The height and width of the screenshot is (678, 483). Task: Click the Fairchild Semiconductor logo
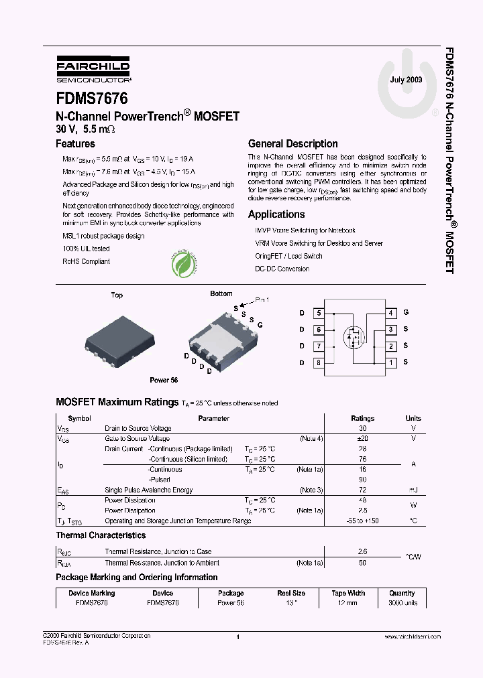(93, 68)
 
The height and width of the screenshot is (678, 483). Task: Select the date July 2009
(406, 80)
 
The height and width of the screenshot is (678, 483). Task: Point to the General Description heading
(292, 143)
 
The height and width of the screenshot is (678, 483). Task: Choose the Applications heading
(276, 214)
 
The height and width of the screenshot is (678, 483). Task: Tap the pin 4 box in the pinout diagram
(390, 313)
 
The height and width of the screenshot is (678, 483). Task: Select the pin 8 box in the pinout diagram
(318, 362)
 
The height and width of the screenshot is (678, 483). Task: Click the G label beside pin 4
(406, 313)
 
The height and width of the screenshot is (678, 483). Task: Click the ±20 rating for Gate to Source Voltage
(362, 439)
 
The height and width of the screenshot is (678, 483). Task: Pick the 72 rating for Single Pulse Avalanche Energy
(362, 490)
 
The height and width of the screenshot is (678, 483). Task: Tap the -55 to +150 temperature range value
(362, 521)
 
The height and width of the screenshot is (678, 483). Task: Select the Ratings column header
(362, 419)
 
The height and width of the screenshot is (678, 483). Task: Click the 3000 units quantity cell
(402, 603)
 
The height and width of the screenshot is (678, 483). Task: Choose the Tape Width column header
(348, 593)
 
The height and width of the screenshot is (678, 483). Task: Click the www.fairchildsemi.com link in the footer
(413, 636)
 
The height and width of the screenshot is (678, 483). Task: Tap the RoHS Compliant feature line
(86, 262)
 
